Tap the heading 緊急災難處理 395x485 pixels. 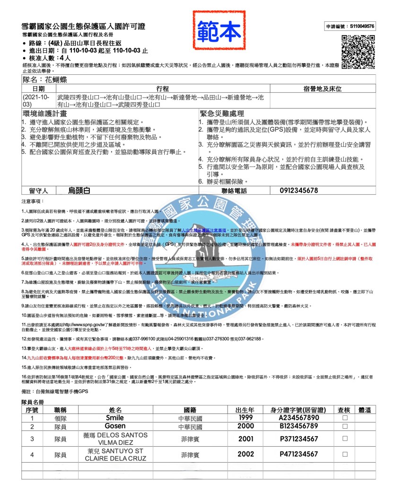point(228,114)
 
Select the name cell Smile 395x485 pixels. point(115,418)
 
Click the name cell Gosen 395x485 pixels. point(115,427)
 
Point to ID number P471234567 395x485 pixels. point(298,454)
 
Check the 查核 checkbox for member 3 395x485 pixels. point(345,439)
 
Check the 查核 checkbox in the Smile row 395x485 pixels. point(345,418)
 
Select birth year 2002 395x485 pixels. point(246,454)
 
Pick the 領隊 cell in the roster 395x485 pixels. point(60,418)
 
